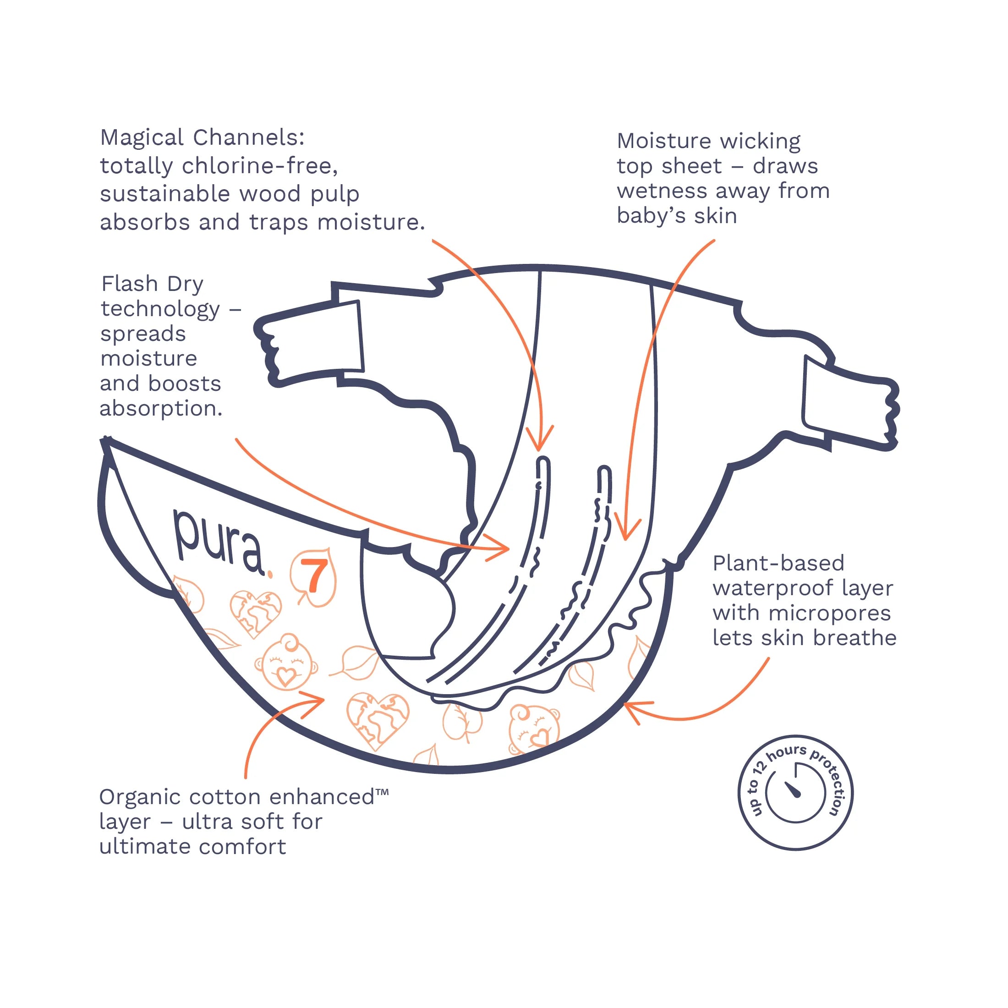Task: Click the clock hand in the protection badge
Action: tap(792, 789)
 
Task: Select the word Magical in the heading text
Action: tap(142, 138)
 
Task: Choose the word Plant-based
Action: tap(778, 563)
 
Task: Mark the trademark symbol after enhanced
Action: tap(382, 793)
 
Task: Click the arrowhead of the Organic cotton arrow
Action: tap(313, 696)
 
